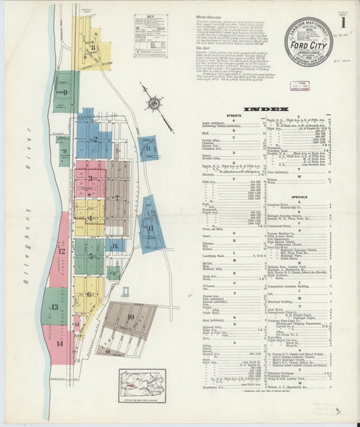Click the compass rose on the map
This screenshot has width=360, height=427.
pos(155,103)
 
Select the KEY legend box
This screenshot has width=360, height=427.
pos(150,36)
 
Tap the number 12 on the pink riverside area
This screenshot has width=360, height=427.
pos(61,251)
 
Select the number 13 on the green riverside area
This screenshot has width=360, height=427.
pos(54,307)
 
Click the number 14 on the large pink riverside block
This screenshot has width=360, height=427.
pos(60,343)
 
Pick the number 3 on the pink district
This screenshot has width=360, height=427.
pos(91,178)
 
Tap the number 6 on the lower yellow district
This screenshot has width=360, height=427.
pos(88,295)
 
